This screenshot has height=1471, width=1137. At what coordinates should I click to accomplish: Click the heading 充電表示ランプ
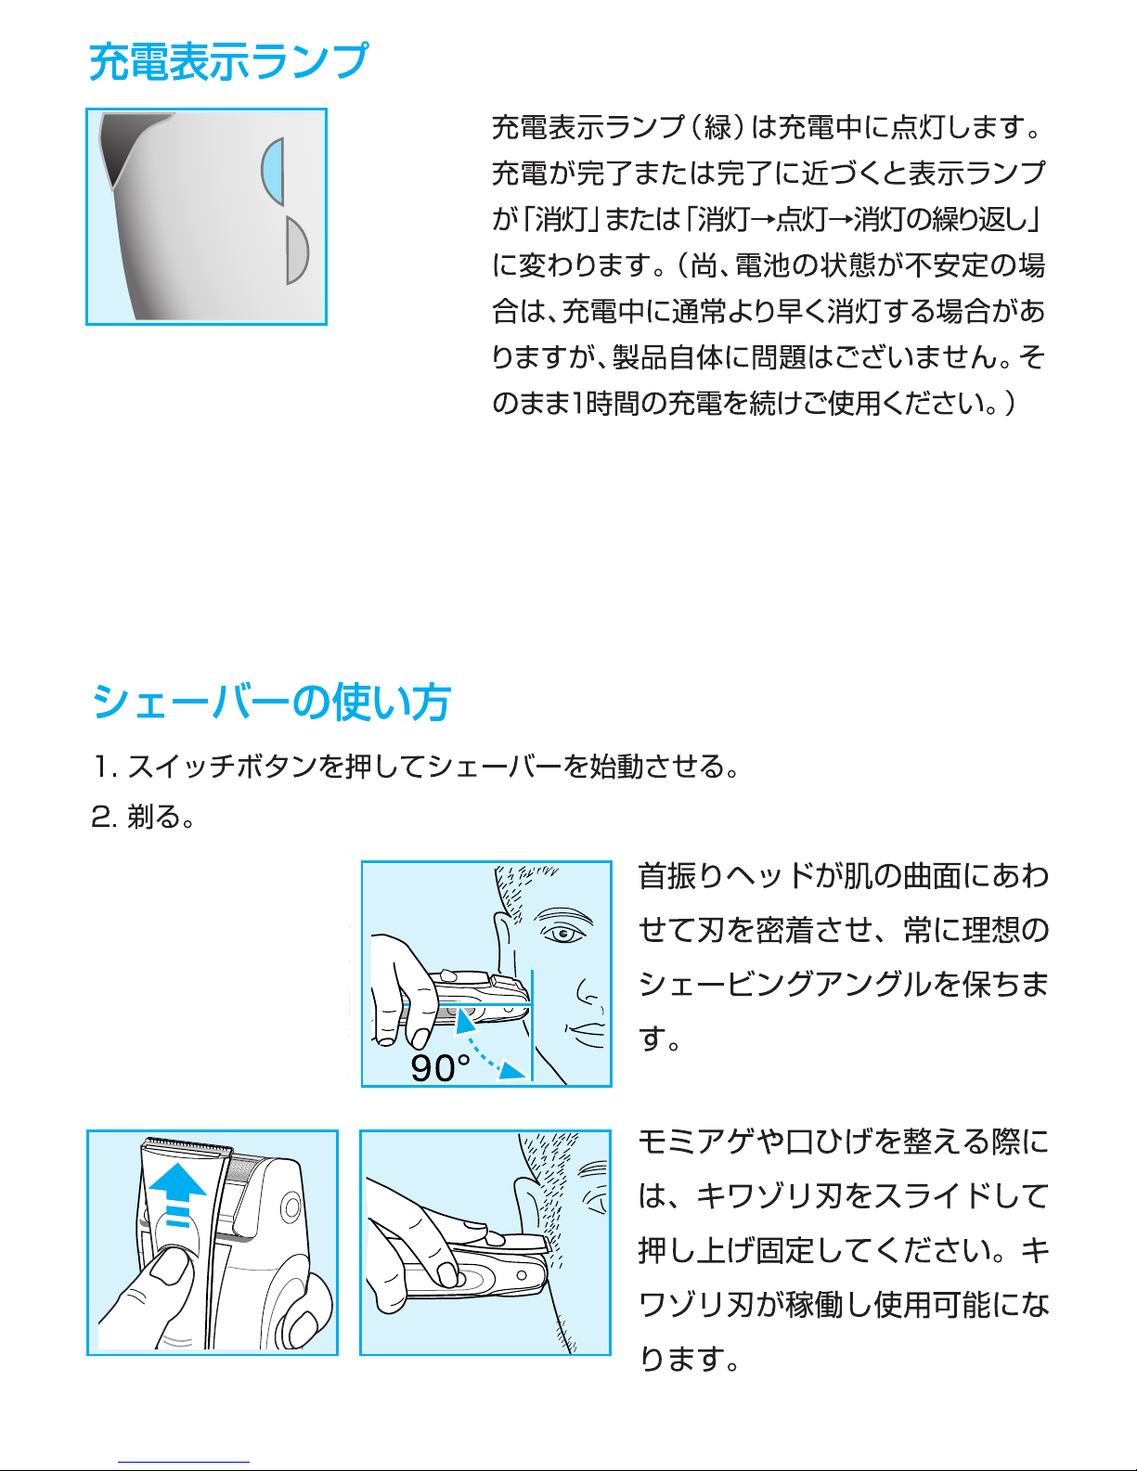(228, 61)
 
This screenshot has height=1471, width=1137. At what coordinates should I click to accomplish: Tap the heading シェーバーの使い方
(271, 702)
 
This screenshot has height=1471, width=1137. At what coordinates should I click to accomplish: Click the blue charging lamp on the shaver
(274, 172)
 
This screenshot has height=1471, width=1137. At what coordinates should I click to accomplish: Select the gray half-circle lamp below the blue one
(297, 251)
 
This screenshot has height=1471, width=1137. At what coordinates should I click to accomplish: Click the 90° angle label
(440, 1068)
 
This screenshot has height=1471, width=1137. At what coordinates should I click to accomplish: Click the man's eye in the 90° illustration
(563, 935)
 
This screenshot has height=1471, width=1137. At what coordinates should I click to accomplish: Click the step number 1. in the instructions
(105, 767)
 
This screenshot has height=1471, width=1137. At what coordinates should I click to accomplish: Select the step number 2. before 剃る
(104, 817)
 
